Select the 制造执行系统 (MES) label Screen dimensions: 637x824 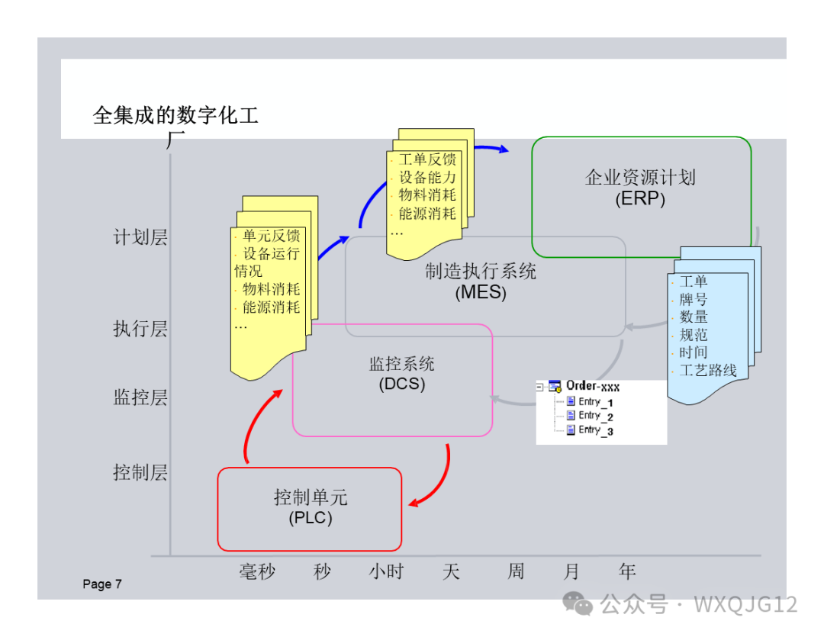point(481,281)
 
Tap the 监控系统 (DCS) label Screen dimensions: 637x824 point(402,374)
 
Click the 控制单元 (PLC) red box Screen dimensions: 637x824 point(310,508)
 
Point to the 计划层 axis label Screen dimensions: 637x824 point(140,237)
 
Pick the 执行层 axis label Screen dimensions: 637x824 point(140,329)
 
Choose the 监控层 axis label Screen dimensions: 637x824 point(140,397)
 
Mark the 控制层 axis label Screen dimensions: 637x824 point(140,472)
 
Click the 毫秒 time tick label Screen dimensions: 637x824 point(257,571)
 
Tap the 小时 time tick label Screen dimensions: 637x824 point(386,571)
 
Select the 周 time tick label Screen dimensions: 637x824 point(516,571)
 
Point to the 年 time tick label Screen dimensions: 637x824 point(627,571)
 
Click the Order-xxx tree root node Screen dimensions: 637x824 point(592,386)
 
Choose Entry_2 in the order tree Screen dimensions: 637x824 point(595,416)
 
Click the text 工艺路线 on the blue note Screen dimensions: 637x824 point(708,371)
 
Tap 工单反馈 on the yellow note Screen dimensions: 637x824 point(426,159)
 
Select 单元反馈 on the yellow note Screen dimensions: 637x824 point(271,236)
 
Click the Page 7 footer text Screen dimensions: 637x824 point(102,584)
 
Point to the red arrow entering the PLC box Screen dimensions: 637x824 point(416,502)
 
